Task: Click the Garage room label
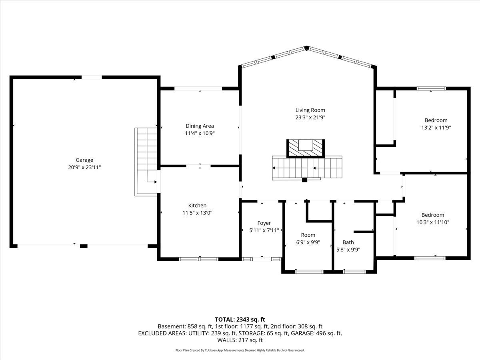(84, 160)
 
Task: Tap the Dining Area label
(200, 126)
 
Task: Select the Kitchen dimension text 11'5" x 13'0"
(198, 213)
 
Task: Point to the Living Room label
(310, 110)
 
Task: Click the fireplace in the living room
(306, 148)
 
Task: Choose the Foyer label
(264, 223)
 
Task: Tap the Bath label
(348, 242)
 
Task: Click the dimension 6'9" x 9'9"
(308, 242)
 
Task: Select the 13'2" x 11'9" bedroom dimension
(436, 128)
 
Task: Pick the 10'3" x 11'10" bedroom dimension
(433, 222)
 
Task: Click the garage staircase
(146, 162)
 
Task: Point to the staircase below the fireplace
(307, 168)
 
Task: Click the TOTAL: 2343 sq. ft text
(240, 320)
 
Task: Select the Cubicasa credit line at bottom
(240, 350)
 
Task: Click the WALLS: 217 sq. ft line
(240, 340)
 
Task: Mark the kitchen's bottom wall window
(198, 259)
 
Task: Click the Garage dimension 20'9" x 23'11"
(84, 168)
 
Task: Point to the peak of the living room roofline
(307, 48)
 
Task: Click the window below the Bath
(354, 272)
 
